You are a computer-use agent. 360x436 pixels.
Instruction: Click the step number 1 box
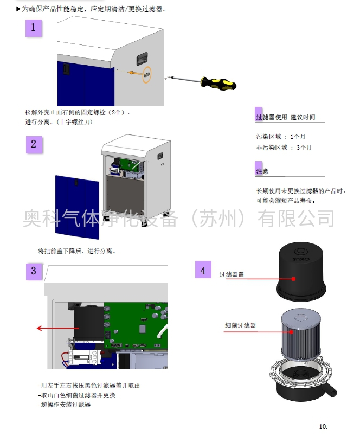tap(33, 28)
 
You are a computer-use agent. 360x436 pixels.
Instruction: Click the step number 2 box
tap(34, 144)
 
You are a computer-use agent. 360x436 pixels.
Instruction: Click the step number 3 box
tap(34, 271)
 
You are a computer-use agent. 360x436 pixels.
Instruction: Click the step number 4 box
tap(203, 270)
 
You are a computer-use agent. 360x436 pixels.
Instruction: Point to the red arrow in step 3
tap(54, 328)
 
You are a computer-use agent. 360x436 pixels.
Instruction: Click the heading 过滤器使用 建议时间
tap(285, 117)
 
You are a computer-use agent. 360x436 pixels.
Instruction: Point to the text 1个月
tap(298, 137)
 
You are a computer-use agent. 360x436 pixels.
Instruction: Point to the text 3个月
tap(304, 148)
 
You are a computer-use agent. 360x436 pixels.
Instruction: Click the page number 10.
tap(324, 426)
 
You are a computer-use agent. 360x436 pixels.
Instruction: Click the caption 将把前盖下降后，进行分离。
tap(76, 251)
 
